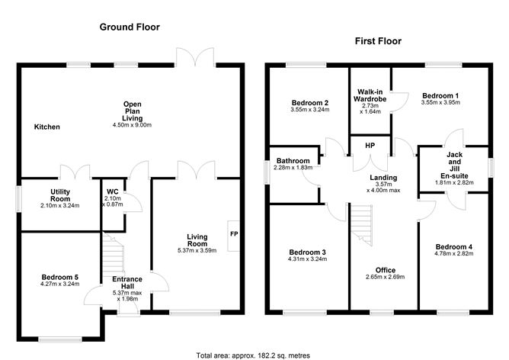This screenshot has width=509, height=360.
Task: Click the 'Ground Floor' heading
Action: [x=130, y=27]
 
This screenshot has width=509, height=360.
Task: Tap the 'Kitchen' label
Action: [x=46, y=127]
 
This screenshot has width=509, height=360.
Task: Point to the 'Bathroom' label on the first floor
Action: [x=293, y=161]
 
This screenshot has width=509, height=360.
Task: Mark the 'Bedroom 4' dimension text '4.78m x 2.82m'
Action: [x=453, y=254]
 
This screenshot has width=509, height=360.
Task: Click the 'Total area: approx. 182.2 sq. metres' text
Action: [x=253, y=355]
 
